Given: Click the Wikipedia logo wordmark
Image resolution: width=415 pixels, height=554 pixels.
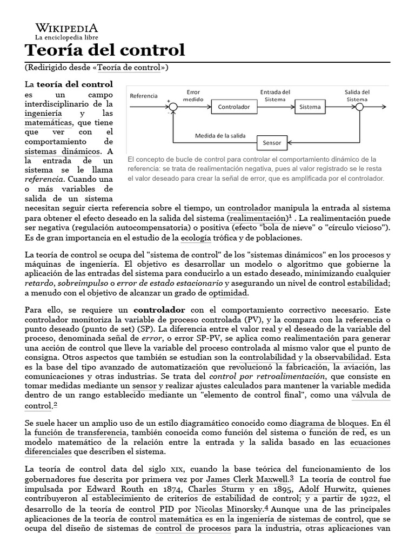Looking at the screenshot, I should click(x=66, y=28).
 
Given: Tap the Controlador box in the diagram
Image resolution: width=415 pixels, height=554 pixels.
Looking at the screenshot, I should click(x=234, y=107).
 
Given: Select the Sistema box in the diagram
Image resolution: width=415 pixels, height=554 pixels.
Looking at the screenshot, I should click(x=310, y=107).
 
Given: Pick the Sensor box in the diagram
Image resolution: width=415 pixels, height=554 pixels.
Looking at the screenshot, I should click(x=272, y=143).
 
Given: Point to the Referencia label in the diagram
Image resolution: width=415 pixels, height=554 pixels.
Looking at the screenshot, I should click(x=143, y=96).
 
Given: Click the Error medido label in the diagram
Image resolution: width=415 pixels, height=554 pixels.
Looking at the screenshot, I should click(x=193, y=96).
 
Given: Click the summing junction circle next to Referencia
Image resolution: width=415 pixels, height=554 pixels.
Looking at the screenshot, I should click(x=173, y=107).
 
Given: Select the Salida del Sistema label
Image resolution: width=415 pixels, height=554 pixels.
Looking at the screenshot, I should click(x=357, y=95).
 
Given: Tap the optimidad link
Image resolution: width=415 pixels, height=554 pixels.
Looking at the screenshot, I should click(x=228, y=293).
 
